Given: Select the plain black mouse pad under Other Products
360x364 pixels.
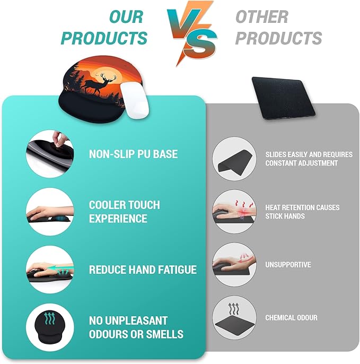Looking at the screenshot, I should (x=283, y=96).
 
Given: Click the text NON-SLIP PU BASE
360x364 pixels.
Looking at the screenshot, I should (x=133, y=154).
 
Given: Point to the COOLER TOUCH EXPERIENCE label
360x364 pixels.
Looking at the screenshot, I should (x=124, y=212).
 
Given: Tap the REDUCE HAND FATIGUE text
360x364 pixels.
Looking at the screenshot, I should (x=143, y=270).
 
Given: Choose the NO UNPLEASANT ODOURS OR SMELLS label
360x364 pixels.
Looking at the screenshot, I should (x=136, y=327).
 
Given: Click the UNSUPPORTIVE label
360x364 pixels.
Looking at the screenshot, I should (x=288, y=264).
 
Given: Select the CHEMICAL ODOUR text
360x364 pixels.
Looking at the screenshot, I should (x=291, y=317).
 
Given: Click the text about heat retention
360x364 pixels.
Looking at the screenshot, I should (x=302, y=211).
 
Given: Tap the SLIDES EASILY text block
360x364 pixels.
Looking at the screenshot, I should (x=309, y=159).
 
